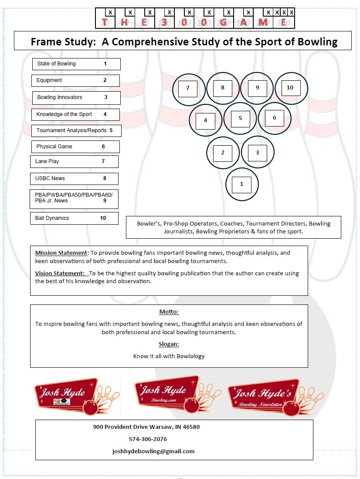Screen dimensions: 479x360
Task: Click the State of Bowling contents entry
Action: point(76,64)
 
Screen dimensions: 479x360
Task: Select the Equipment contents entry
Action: point(75,81)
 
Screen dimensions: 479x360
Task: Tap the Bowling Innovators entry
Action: point(76,97)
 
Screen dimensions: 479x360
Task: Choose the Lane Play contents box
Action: point(74,161)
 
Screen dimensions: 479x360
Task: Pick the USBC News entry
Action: point(74,178)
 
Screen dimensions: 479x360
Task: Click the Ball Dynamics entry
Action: point(74,218)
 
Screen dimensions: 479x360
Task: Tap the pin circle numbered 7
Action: point(188,88)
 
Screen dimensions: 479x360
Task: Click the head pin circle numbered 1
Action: point(242,184)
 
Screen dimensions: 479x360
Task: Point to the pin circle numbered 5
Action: point(240,118)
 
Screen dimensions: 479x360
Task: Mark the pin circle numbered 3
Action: point(258,152)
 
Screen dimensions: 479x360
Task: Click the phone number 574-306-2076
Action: point(148,439)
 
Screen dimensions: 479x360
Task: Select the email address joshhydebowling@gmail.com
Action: point(153,451)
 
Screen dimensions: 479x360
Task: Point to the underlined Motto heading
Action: point(169,312)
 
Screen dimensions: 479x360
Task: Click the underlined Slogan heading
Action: point(169,344)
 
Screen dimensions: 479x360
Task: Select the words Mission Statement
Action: point(61,253)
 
